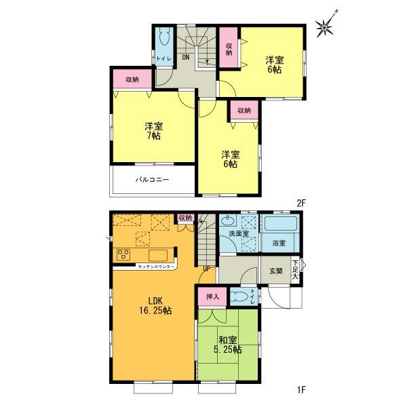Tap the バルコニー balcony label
(x=151, y=180)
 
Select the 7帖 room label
(x=153, y=132)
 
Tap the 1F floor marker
(x=301, y=389)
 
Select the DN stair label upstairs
(x=185, y=58)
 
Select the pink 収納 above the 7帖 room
(x=132, y=79)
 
